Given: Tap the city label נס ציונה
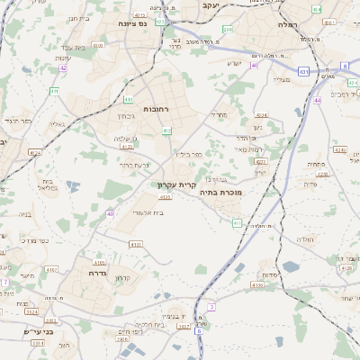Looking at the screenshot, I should pos(134,26).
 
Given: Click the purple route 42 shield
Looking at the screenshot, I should pos(63,67).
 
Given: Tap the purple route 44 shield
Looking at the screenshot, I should pos(318,101).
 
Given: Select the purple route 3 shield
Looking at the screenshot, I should pos(211,307).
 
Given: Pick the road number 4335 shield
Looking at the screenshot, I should pos(257,285).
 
